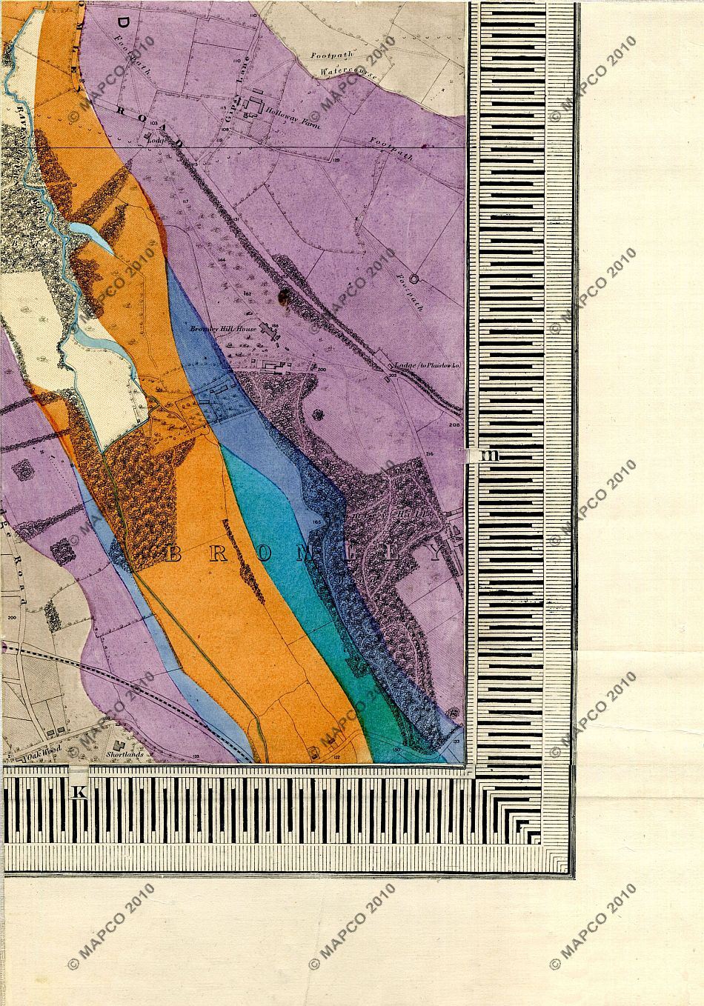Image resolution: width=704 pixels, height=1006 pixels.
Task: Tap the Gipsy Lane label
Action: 239,92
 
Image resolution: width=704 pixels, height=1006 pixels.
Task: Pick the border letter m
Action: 489,455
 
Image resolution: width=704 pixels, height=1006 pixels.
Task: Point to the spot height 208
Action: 454,426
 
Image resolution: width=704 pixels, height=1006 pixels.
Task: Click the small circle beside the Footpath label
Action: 414,280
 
